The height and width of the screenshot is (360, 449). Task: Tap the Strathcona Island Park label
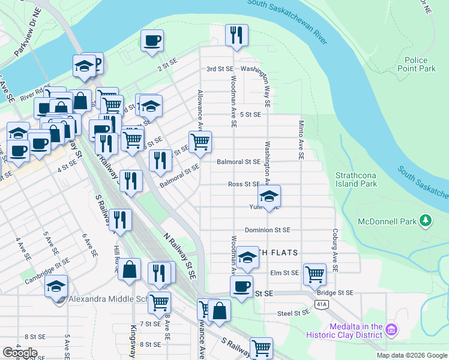point(357,179)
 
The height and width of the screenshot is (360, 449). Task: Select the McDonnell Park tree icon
point(426,221)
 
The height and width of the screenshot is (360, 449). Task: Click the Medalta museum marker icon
point(391,329)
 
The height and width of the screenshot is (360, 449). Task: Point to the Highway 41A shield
point(322,304)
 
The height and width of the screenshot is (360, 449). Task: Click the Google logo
point(20,353)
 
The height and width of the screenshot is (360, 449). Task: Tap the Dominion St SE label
point(267,230)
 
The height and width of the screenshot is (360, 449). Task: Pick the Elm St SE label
point(285,273)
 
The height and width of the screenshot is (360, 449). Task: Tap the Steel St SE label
point(293,313)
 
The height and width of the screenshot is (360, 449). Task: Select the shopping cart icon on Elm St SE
point(315,274)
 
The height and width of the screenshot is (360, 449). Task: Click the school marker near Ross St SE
point(269,196)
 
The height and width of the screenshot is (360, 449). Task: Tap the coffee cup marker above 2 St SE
point(152,41)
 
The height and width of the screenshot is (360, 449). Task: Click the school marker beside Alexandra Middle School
point(56,286)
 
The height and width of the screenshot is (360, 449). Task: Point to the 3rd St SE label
point(219,69)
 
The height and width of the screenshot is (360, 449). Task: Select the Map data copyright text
point(411,355)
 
